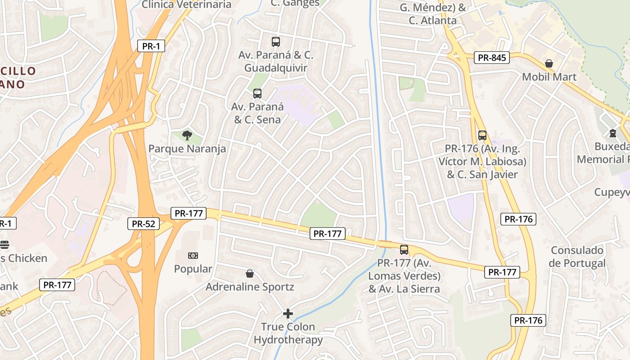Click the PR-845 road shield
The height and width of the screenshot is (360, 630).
point(492,58)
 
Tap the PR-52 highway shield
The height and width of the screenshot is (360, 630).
point(144,224)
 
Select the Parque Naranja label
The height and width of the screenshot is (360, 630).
point(187,148)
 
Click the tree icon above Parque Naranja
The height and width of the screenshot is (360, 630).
point(187,135)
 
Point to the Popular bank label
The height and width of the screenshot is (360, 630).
point(193,269)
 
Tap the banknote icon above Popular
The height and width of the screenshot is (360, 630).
point(193,256)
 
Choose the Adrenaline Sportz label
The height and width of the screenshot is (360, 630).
point(250,287)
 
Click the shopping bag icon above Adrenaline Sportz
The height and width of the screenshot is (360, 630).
point(250,274)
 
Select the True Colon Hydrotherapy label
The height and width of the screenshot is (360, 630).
point(288,333)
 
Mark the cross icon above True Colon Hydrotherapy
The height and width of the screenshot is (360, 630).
point(288,313)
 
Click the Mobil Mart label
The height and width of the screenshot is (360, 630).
point(549,77)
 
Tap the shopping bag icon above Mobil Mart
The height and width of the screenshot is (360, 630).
point(549,63)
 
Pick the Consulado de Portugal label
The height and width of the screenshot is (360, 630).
point(577,256)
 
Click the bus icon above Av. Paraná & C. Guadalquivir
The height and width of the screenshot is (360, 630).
point(276,42)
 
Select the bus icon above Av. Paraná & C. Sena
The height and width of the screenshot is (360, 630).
point(257,94)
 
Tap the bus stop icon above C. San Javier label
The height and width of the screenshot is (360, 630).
point(482,135)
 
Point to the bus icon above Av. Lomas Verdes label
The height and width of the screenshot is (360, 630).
point(404,249)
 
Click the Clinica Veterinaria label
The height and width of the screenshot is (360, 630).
point(186,4)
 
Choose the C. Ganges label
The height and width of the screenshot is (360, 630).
point(295,3)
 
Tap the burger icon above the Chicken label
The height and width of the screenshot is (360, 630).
point(4,245)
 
